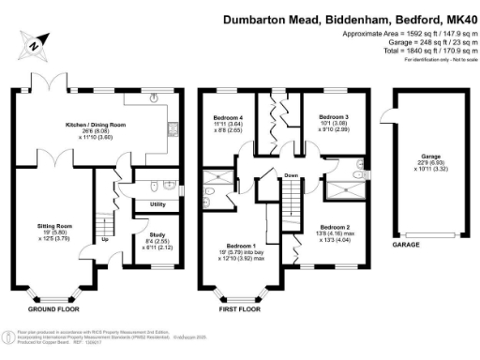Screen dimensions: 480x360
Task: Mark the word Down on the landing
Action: coord(292,175)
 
